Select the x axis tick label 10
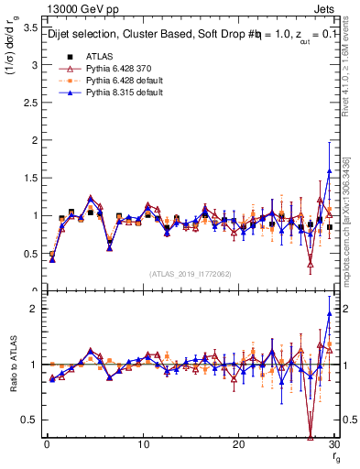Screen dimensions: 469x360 coord(143,444)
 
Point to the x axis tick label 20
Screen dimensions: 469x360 coord(239,444)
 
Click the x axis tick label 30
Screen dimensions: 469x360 coord(335,444)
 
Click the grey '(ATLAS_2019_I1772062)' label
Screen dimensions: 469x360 coord(190,274)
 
